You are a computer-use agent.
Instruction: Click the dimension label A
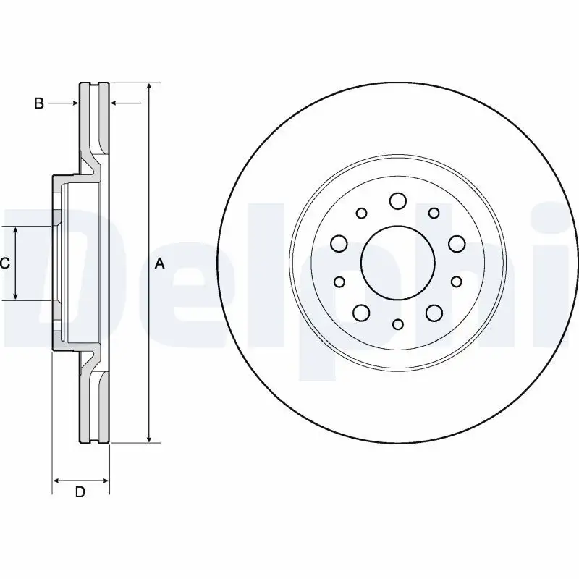[x=160, y=264]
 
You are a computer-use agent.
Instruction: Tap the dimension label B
[x=40, y=104]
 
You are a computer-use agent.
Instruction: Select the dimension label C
[x=4, y=263]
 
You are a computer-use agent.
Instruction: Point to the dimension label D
[x=80, y=493]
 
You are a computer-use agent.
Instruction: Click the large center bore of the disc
[x=397, y=263]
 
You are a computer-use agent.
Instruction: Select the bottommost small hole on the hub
[x=397, y=325]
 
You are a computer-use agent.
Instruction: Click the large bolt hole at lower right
[x=434, y=313]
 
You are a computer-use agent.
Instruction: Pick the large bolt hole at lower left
[x=360, y=313]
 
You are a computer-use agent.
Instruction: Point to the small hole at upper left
[x=361, y=213]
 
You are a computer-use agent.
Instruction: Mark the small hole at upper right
[x=434, y=213]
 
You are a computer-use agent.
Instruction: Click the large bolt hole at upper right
[x=456, y=243]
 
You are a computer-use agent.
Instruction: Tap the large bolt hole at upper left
[x=339, y=243]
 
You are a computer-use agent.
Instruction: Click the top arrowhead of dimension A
[x=148, y=87]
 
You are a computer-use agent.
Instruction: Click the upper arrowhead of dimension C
[x=16, y=231]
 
